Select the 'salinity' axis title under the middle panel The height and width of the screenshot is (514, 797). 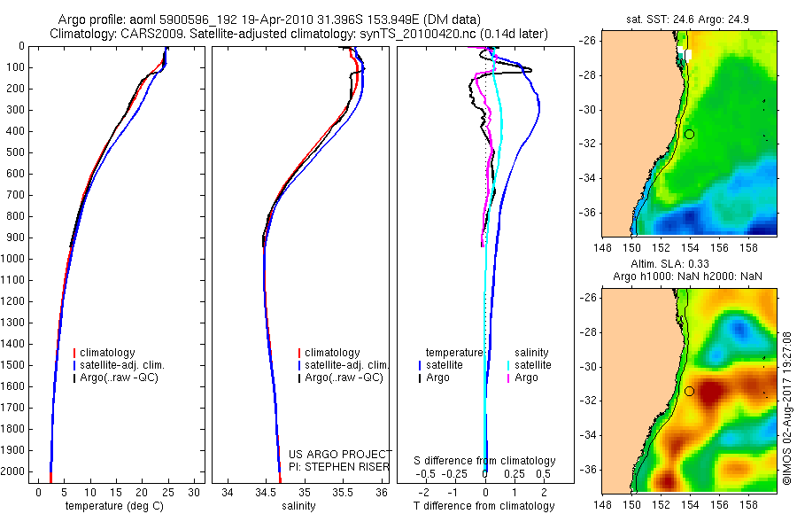click(x=297, y=506)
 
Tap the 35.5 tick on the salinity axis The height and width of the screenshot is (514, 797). click(x=343, y=490)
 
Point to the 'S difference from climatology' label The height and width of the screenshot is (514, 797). click(x=484, y=461)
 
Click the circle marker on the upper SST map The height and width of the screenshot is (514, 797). click(x=689, y=134)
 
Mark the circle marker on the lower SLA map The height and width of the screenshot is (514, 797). click(x=689, y=391)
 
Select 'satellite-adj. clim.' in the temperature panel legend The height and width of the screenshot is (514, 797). click(x=122, y=365)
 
